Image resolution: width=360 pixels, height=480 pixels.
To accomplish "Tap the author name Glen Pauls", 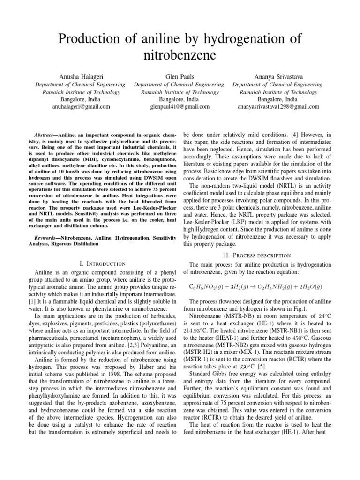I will coord(180,76).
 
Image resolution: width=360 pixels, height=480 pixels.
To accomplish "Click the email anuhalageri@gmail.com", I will coord(81,106).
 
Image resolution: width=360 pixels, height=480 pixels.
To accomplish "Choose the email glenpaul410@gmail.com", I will coord(180,106).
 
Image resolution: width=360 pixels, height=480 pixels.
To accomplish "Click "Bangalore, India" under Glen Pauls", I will coord(180,99).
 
